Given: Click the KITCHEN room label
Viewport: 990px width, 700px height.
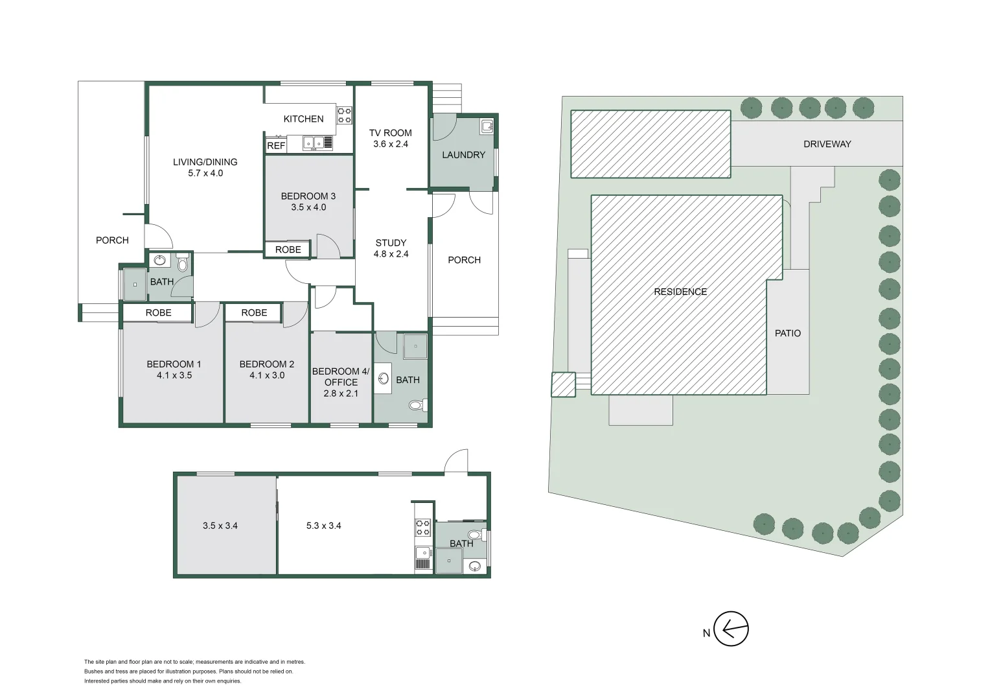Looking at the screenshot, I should [303, 119].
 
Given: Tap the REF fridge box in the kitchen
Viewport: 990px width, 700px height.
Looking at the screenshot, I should [276, 146].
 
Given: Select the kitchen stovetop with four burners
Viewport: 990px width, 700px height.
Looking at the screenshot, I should [344, 115].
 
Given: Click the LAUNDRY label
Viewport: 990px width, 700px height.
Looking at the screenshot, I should [463, 155].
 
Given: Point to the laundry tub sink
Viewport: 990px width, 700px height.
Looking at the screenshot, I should [487, 126].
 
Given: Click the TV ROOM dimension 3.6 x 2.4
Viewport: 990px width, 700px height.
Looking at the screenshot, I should [391, 144].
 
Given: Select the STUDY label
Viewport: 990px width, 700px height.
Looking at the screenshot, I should [391, 243].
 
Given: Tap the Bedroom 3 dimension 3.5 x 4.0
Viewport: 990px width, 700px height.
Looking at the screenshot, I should [308, 207].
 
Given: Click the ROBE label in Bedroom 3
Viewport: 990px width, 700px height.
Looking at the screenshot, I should [288, 250].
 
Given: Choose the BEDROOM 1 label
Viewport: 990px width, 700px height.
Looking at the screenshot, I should [174, 364].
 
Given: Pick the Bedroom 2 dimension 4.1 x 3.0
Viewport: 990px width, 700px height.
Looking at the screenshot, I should [267, 375].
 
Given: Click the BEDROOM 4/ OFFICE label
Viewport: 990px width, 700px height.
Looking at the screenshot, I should [341, 377].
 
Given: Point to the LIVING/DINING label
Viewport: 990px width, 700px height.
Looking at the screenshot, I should [205, 162].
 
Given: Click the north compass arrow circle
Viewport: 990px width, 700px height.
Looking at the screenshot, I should [731, 629].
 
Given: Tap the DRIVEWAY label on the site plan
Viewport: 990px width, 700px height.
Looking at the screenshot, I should [827, 144].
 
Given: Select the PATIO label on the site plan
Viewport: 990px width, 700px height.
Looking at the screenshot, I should [788, 333].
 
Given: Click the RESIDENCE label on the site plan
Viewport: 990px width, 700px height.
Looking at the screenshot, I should [680, 292].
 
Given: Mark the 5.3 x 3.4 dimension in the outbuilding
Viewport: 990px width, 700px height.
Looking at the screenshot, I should [324, 526].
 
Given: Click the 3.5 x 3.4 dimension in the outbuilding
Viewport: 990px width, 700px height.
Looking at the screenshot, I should [220, 526].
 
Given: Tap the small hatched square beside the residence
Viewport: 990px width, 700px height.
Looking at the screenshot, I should [563, 384].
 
